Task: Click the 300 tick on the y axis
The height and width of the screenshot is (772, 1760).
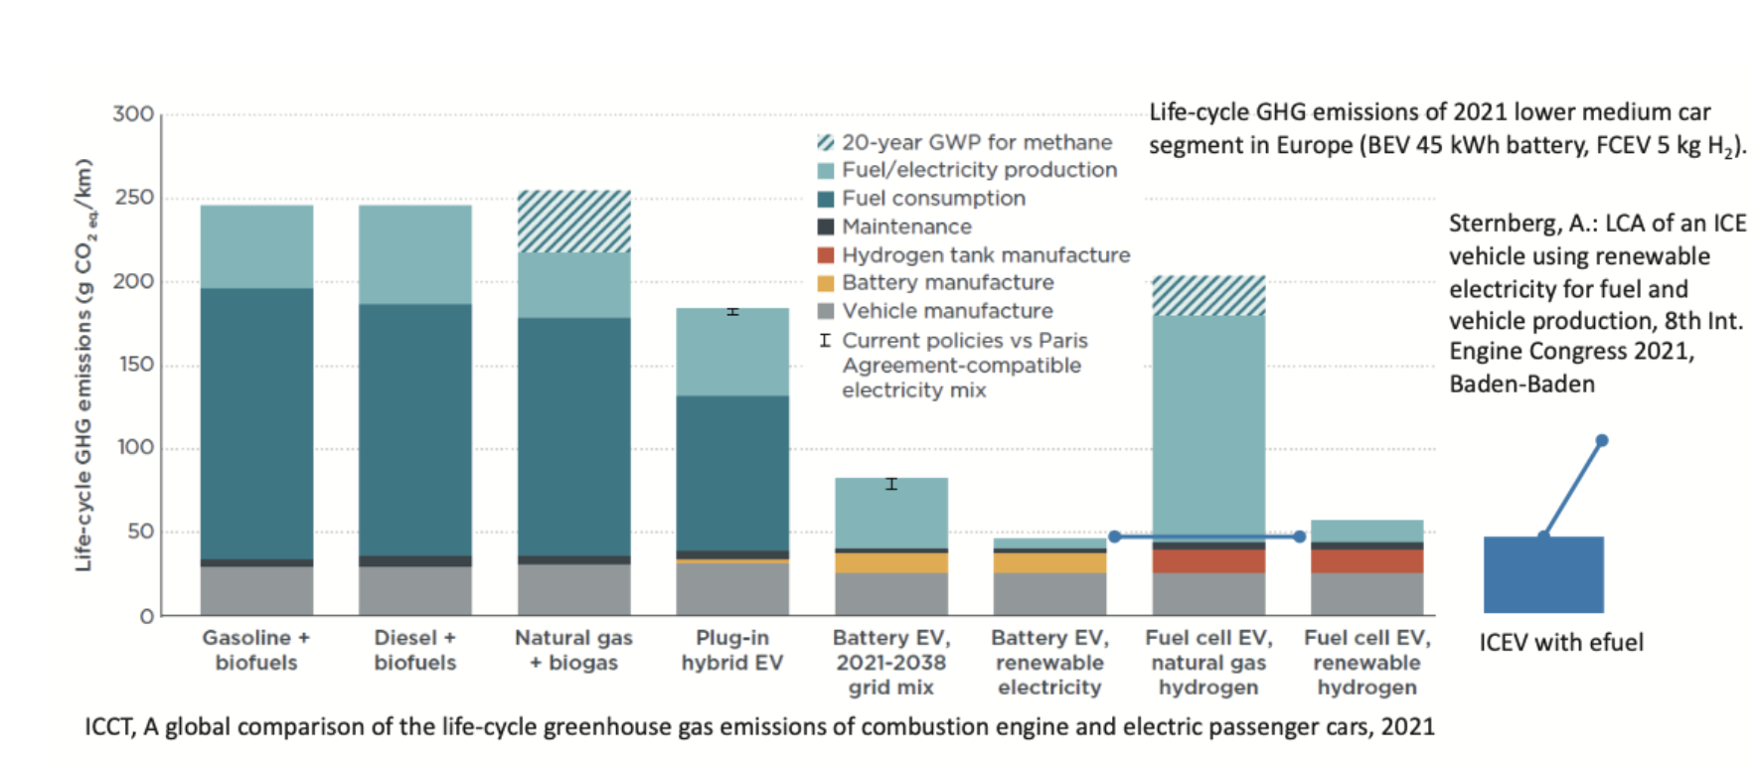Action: pos(133,114)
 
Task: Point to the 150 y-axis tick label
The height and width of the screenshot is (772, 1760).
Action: pos(135,365)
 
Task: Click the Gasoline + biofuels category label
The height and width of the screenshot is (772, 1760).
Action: pos(256,650)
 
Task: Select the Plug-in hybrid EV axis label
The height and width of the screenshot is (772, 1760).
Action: pos(732,650)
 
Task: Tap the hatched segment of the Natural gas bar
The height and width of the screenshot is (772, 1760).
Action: pos(574,221)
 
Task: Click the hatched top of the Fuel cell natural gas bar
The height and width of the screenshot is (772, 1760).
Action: pos(1208,295)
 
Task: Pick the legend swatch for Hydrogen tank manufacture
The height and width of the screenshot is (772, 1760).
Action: pos(825,255)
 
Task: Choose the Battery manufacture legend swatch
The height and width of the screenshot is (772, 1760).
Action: pos(825,283)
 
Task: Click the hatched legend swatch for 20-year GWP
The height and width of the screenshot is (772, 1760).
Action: pos(825,142)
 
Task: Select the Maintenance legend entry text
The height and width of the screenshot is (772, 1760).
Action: pos(906,227)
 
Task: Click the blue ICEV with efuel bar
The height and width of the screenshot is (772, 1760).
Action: pos(1543,574)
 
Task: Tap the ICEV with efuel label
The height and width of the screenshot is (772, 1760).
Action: pos(1560,643)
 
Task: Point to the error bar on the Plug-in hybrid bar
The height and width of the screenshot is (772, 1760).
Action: pos(732,312)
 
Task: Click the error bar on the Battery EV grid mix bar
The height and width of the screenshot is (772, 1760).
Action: pos(891,484)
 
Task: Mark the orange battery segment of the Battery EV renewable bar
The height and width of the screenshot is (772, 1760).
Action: pos(1049,563)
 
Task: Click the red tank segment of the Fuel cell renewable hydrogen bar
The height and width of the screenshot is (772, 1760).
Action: pos(1366,561)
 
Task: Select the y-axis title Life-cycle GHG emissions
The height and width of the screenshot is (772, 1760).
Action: pos(83,365)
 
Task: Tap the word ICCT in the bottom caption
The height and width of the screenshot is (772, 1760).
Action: pos(108,727)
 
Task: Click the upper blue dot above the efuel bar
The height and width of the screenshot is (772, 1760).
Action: pos(1602,440)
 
